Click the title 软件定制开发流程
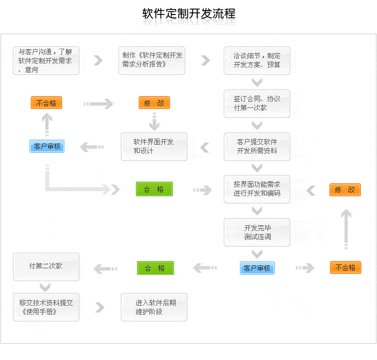point(189,14)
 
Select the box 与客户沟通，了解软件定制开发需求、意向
point(46,60)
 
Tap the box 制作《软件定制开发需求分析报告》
point(152,60)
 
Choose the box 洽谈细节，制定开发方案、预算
point(257,60)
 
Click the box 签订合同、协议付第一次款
point(257,103)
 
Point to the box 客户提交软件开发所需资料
point(257,146)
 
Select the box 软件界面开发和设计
point(154,146)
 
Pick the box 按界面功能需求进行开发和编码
point(257,189)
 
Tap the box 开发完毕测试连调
point(257,232)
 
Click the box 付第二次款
point(46,267)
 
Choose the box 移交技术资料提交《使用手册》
point(46,307)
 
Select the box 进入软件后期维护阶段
point(154,307)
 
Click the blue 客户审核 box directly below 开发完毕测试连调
point(257,268)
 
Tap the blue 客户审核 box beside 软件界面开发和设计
point(47,146)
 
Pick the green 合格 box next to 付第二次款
point(155,268)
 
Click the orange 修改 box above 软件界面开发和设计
point(154,103)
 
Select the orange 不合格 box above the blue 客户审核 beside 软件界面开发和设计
point(46,103)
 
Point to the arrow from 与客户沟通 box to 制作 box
point(98,60)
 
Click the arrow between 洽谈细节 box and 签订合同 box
point(257,83)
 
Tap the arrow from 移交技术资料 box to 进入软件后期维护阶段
point(100,307)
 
